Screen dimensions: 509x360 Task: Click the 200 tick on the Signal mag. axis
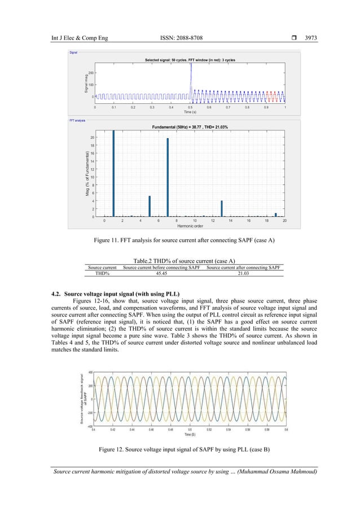click(x=90, y=73)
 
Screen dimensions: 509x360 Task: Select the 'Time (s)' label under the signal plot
click(x=190, y=112)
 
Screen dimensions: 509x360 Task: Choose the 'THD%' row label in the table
click(x=102, y=273)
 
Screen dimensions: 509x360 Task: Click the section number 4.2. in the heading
click(x=56, y=293)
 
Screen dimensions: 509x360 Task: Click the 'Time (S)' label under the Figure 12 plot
click(x=190, y=435)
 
